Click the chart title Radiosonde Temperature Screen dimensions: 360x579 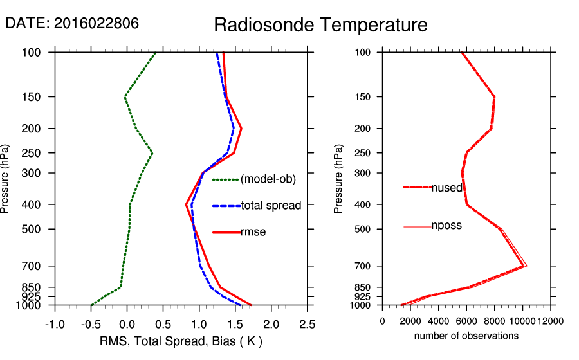coord(320,25)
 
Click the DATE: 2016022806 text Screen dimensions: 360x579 coord(71,24)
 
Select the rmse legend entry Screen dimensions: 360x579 coord(253,232)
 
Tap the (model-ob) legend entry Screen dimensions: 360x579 coord(268,179)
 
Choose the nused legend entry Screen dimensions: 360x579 coord(446,187)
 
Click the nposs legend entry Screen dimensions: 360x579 coord(446,226)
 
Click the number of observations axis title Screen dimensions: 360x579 coord(466,336)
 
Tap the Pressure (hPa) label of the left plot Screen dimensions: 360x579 coord(6,178)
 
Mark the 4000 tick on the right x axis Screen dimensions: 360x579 coord(439,321)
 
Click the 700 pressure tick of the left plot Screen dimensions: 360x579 coord(33,265)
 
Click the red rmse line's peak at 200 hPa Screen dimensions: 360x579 coord(241,129)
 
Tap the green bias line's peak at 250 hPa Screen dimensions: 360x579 coord(152,153)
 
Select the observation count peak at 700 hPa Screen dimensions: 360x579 coord(526,265)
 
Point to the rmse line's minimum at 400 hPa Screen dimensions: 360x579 coord(186,204)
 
